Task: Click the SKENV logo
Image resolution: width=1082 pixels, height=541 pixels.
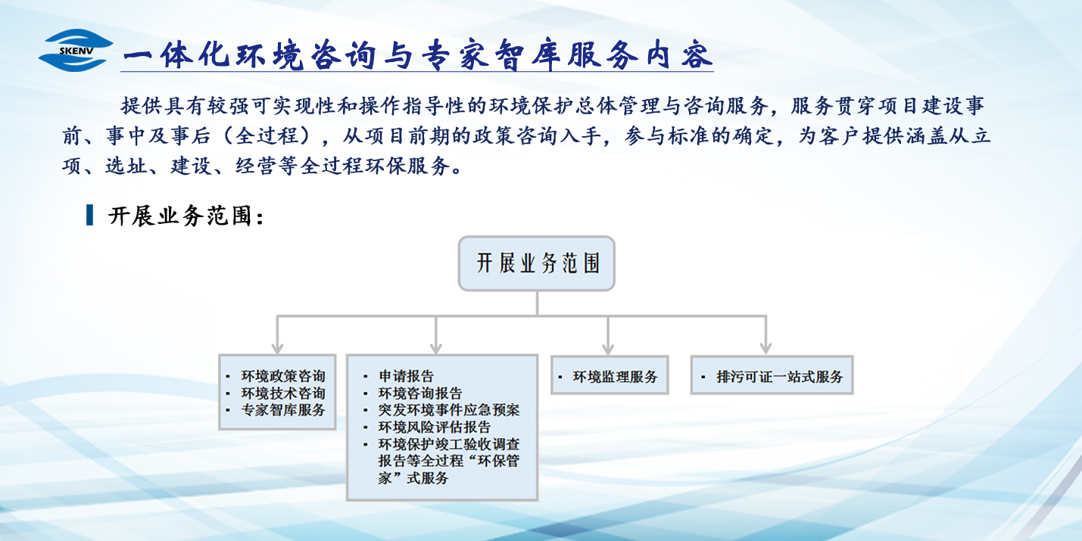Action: click(76, 51)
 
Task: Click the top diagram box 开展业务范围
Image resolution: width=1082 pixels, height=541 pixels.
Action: click(537, 263)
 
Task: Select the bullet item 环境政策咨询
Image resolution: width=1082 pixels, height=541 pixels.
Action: click(283, 376)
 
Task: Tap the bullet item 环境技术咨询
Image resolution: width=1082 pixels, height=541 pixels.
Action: click(283, 393)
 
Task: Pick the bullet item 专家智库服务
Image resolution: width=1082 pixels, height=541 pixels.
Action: click(283, 410)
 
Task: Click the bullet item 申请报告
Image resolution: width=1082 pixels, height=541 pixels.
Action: click(407, 376)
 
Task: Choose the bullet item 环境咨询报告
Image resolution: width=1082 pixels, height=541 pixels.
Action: click(420, 393)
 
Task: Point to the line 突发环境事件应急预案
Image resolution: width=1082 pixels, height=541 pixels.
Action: click(449, 410)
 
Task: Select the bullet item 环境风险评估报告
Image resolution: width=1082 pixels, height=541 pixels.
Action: click(435, 428)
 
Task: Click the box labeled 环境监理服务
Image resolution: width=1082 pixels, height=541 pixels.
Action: click(610, 375)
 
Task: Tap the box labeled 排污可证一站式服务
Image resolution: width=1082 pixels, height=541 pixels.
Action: click(772, 375)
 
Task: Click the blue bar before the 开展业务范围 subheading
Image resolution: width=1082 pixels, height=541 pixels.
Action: click(90, 216)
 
